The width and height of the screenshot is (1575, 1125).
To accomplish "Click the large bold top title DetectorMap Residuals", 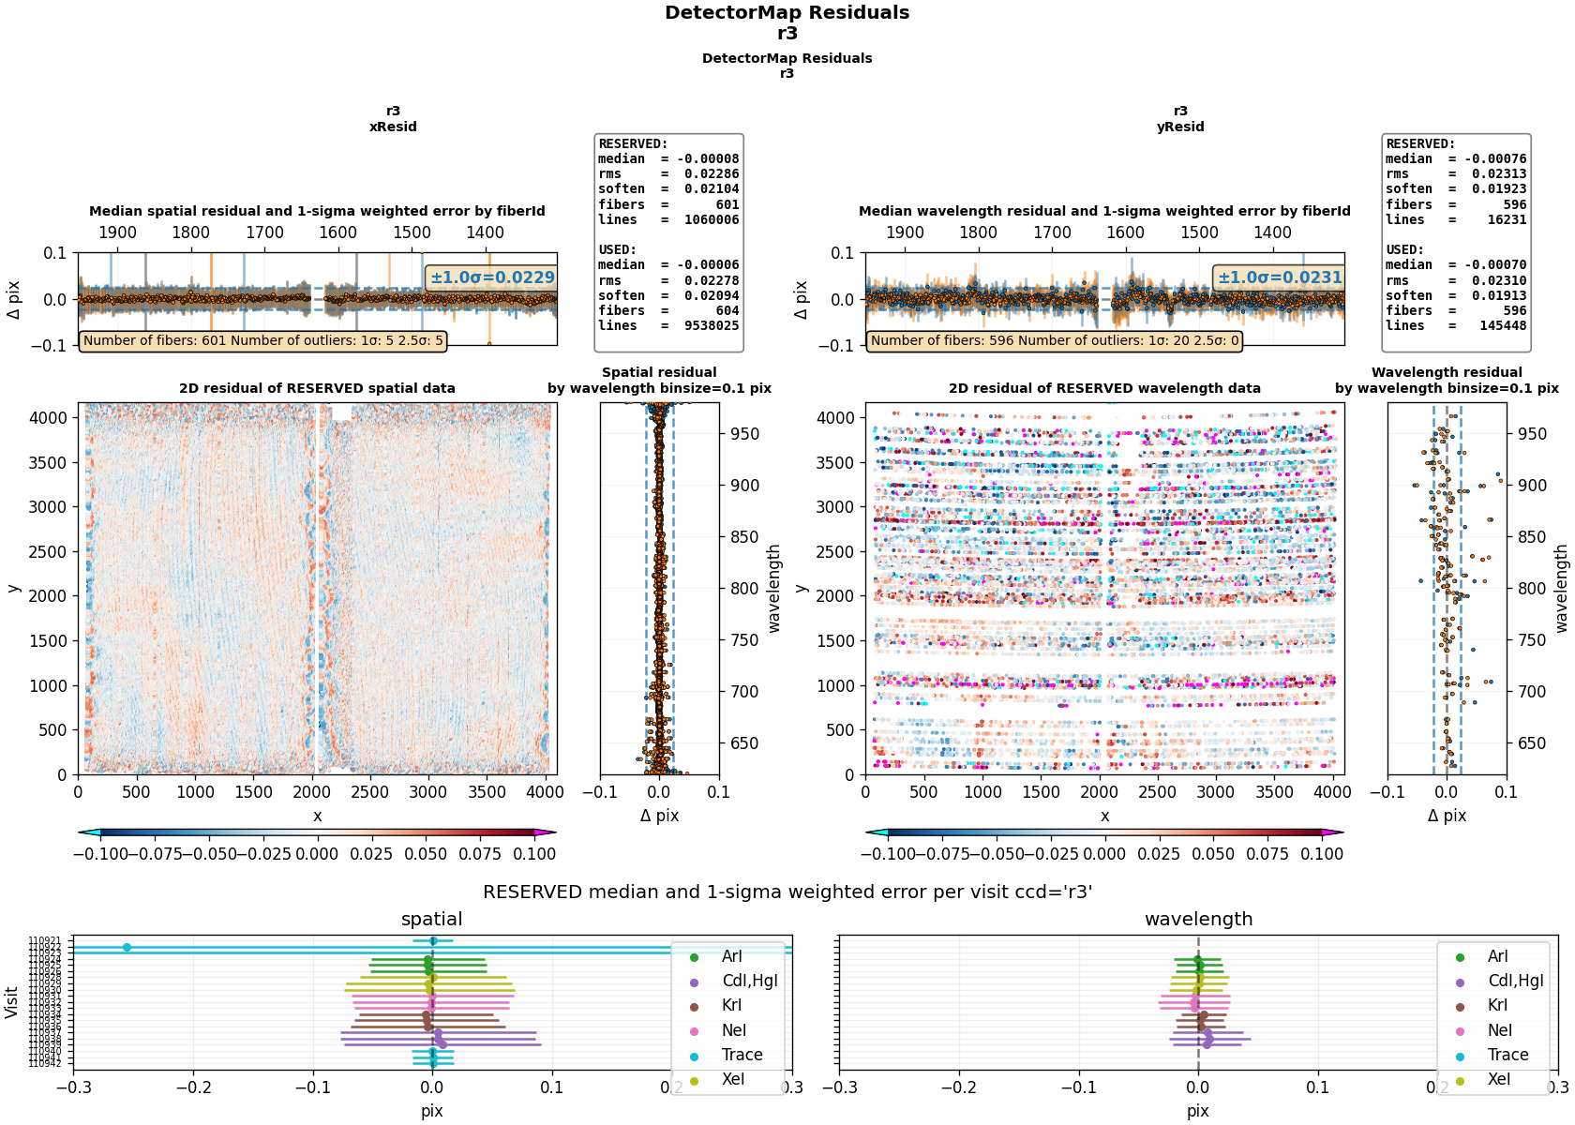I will tap(787, 13).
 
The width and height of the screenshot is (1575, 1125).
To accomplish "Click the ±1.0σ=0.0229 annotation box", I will tap(492, 277).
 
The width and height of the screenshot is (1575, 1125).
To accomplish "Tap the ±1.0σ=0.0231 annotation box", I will tap(1280, 277).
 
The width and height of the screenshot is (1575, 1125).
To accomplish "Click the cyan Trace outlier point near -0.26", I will tap(127, 948).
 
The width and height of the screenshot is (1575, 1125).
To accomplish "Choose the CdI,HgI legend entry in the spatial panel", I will tap(749, 981).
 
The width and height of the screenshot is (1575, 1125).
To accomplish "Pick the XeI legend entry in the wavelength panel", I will tap(1498, 1079).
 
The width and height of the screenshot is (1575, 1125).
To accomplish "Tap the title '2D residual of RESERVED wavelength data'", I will tap(1104, 388).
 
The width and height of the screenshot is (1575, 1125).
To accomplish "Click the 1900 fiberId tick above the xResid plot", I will tap(117, 232).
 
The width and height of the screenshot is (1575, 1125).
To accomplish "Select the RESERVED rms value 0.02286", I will tap(711, 174).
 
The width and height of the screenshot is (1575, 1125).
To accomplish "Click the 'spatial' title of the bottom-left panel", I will tap(431, 920).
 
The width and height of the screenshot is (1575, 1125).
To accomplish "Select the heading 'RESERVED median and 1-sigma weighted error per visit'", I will tap(787, 892).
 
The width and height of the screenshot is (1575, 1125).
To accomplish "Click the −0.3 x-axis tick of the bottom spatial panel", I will tap(74, 1087).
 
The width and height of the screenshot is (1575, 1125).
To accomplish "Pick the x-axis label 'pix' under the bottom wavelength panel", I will tap(1198, 1111).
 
